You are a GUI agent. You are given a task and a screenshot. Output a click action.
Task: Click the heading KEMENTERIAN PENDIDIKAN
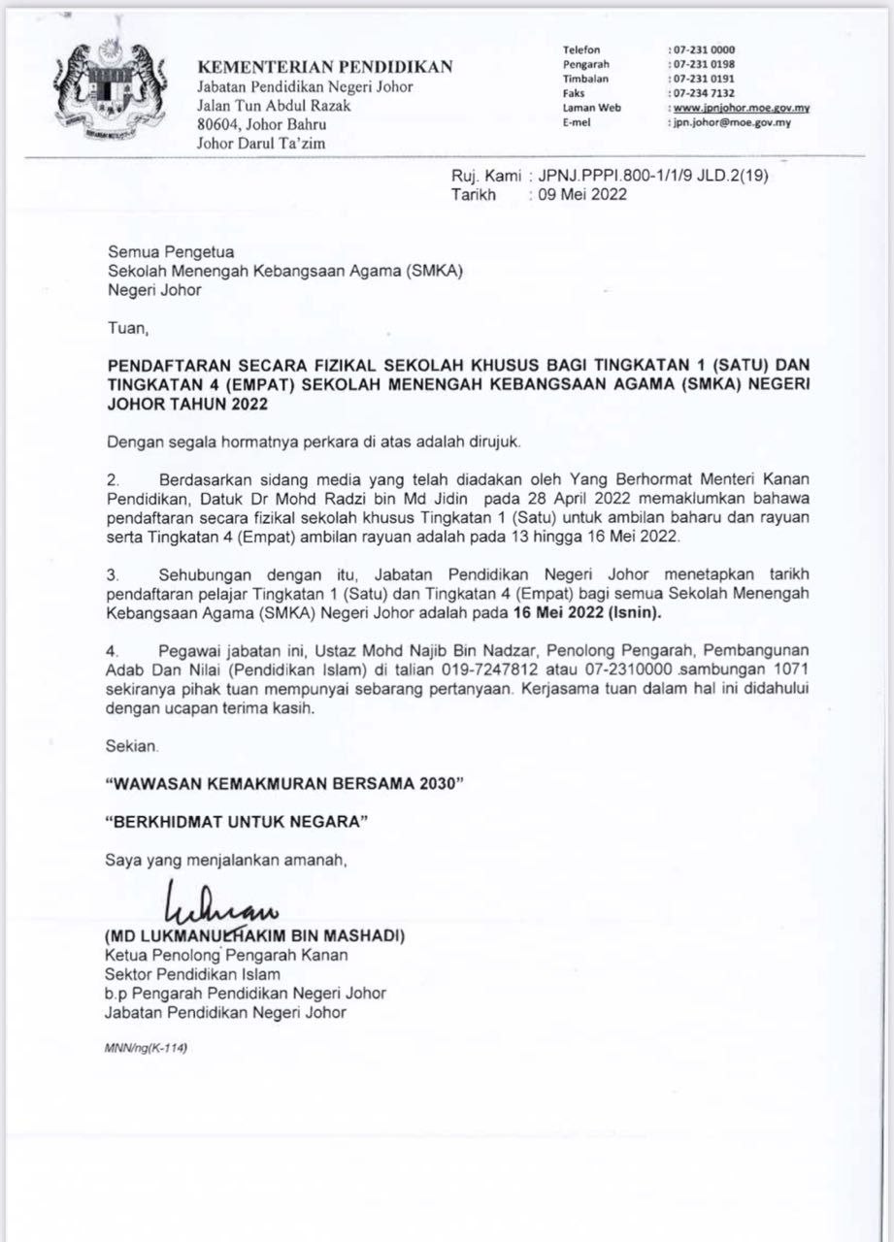click(325, 67)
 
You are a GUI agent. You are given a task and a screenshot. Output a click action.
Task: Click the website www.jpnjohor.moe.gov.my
click(741, 108)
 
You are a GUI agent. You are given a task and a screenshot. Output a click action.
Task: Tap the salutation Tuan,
click(128, 329)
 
